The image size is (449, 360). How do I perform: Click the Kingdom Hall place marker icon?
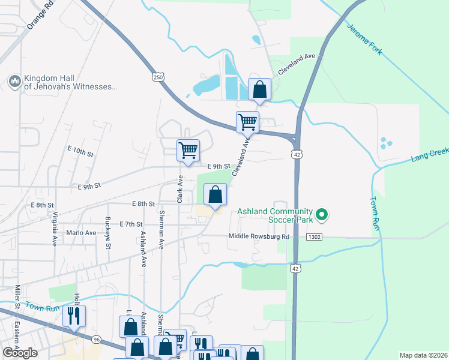point(14,80)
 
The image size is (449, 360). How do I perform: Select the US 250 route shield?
point(157,77)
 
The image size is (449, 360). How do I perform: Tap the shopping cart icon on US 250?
point(247,122)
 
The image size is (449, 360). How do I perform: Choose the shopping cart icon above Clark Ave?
point(188,149)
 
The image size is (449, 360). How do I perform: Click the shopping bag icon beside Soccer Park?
point(215,194)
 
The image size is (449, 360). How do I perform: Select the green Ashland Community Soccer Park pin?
point(322,214)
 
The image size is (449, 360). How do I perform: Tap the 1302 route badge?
point(314,238)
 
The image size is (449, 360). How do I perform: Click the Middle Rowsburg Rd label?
point(259,236)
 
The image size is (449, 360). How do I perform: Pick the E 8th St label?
point(143,205)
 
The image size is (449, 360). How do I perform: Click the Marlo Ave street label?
point(82,233)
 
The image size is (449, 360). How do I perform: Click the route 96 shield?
point(97,340)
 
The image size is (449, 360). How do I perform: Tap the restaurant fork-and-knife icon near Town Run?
point(74,316)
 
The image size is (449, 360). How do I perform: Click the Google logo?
point(20,353)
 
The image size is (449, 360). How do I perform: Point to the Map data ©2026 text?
point(423,355)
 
